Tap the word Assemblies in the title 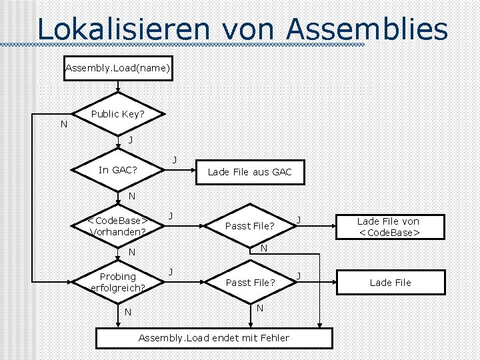[368, 29]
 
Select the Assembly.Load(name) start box [118, 68]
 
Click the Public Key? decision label [117, 114]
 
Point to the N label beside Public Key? [63, 124]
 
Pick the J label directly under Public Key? [130, 140]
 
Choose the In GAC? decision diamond [118, 170]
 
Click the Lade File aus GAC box [249, 172]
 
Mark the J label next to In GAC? [175, 159]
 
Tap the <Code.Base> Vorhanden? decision [118, 226]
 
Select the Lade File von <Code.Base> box [388, 227]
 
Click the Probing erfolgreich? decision [118, 282]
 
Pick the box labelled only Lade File [390, 283]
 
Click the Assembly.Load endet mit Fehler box [213, 338]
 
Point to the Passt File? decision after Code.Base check [249, 226]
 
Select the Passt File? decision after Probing [249, 283]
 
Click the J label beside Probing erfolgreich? [171, 271]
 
